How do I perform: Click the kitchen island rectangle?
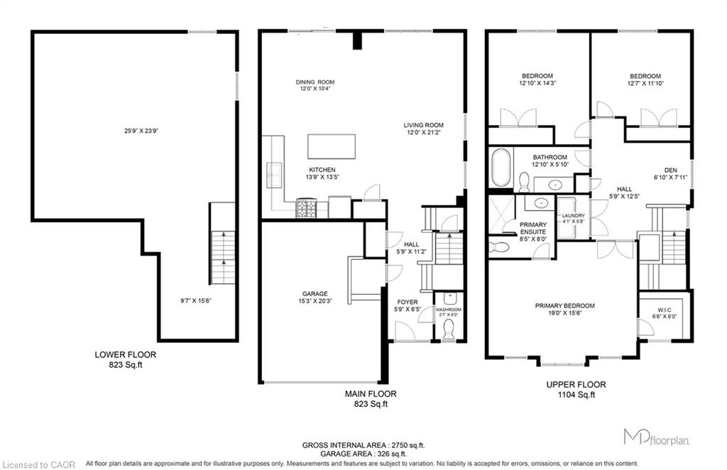click(x=332, y=146)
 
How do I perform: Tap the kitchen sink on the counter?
click(x=274, y=175)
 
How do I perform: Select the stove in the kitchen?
click(x=306, y=208)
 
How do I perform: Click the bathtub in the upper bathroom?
click(x=501, y=167)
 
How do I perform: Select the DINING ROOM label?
click(x=315, y=82)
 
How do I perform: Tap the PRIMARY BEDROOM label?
click(x=564, y=305)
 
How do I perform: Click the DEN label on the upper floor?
click(x=670, y=170)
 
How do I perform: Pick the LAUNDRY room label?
click(x=574, y=216)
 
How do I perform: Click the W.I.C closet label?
click(x=664, y=310)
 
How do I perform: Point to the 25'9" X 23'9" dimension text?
click(x=141, y=131)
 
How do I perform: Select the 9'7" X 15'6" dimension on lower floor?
click(x=196, y=300)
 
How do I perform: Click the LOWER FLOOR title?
click(x=125, y=354)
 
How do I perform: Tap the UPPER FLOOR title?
click(x=576, y=385)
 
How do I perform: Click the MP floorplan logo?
click(x=656, y=437)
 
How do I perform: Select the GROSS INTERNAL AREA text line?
click(x=363, y=445)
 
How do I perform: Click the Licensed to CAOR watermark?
click(x=38, y=464)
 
